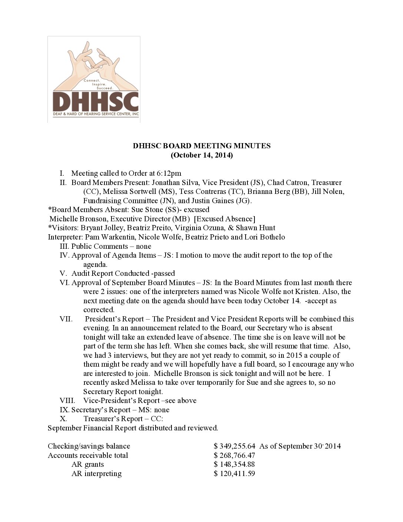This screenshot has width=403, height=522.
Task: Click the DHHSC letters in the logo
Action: pyautogui.click(x=96, y=101)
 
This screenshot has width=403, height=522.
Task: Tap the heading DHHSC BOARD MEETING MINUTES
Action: pyautogui.click(x=201, y=146)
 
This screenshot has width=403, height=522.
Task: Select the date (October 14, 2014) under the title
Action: pyautogui.click(x=201, y=155)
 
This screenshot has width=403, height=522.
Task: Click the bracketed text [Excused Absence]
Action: pyautogui.click(x=224, y=219)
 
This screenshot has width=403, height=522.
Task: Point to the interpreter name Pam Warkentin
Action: pyautogui.click(x=110, y=237)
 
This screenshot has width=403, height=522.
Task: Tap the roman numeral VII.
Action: pyautogui.click(x=66, y=319)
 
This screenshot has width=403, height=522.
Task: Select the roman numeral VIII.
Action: pyautogui.click(x=67, y=400)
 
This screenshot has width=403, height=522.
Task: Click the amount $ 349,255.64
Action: pyautogui.click(x=234, y=446)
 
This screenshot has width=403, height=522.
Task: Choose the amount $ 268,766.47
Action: pyautogui.click(x=234, y=455)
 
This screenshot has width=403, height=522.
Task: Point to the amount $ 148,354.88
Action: pyautogui.click(x=234, y=464)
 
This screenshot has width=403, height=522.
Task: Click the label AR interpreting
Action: pyautogui.click(x=96, y=473)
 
